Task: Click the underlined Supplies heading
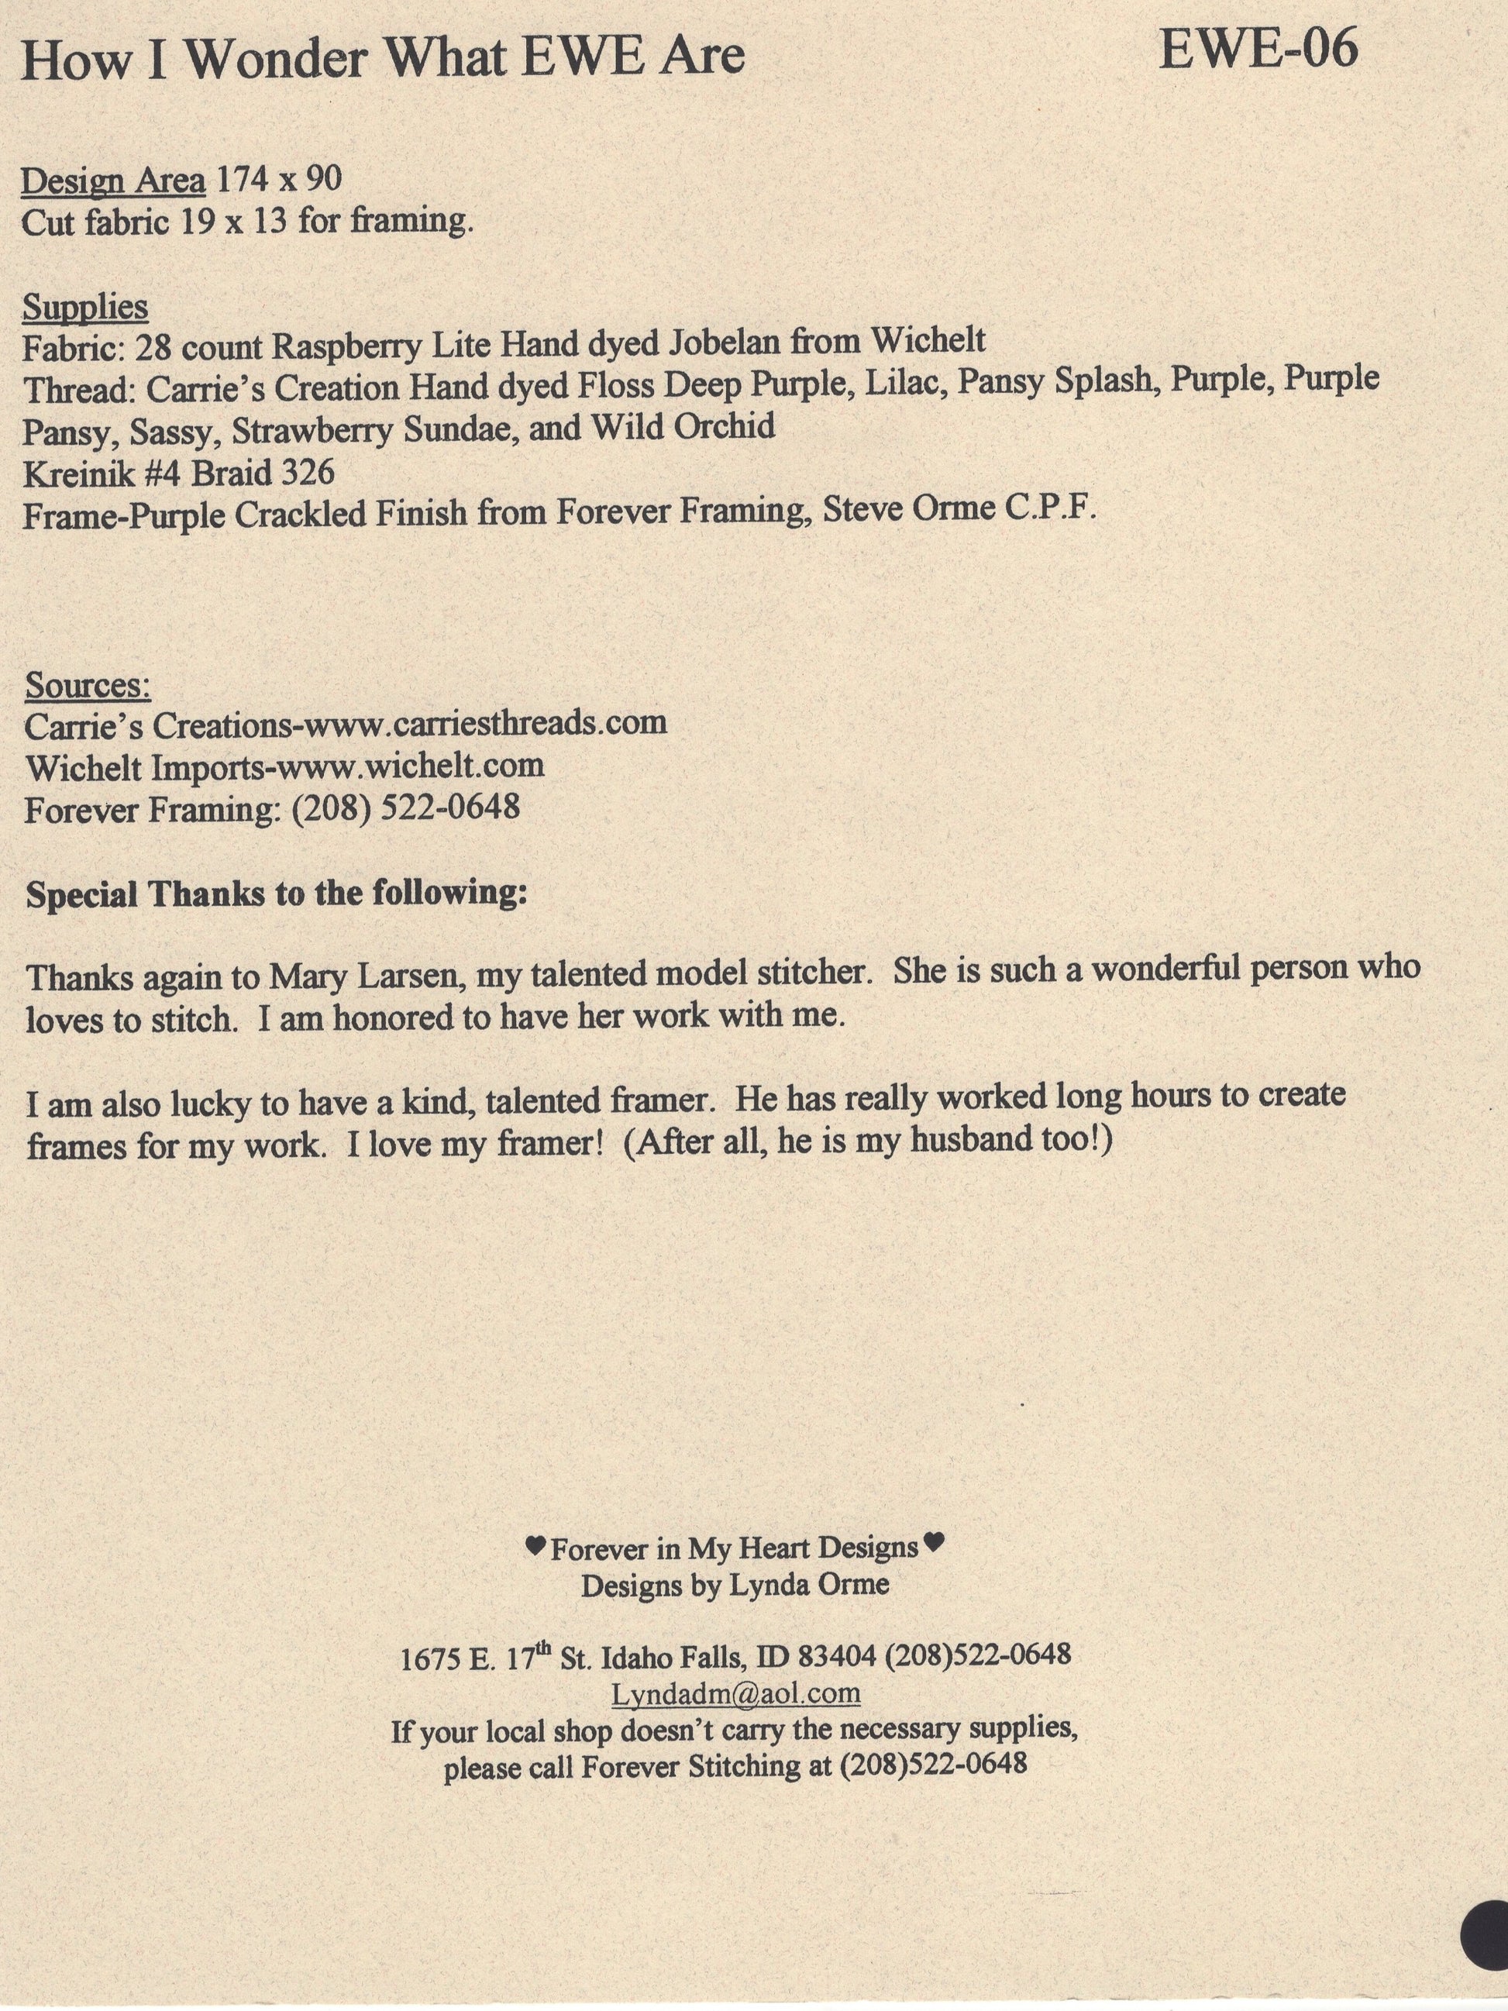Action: click(x=85, y=308)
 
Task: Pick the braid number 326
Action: click(x=307, y=472)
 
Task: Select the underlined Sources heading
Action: click(x=88, y=684)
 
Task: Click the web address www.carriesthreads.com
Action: click(x=484, y=724)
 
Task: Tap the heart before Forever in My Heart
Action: click(x=535, y=1544)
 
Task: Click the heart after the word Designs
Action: click(x=934, y=1541)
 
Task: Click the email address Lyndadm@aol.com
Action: click(x=735, y=1692)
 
